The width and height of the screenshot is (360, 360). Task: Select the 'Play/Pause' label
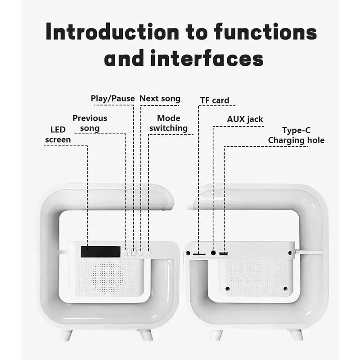[112, 99]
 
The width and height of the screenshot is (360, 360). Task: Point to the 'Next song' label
[160, 99]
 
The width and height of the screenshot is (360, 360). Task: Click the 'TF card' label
[215, 100]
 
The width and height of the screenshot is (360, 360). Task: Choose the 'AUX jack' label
[245, 119]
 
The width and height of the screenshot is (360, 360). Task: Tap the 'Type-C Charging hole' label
[296, 135]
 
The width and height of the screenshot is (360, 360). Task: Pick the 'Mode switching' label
[168, 123]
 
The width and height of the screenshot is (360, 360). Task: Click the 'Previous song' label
[90, 123]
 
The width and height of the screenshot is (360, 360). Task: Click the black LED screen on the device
[100, 252]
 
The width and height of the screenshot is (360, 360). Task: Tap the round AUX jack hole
[213, 253]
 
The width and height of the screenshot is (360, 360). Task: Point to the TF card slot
[198, 254]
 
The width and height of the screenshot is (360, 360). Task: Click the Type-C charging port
[224, 254]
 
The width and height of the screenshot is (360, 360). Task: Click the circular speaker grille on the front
[106, 275]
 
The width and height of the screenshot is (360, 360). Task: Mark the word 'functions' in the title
[265, 33]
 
